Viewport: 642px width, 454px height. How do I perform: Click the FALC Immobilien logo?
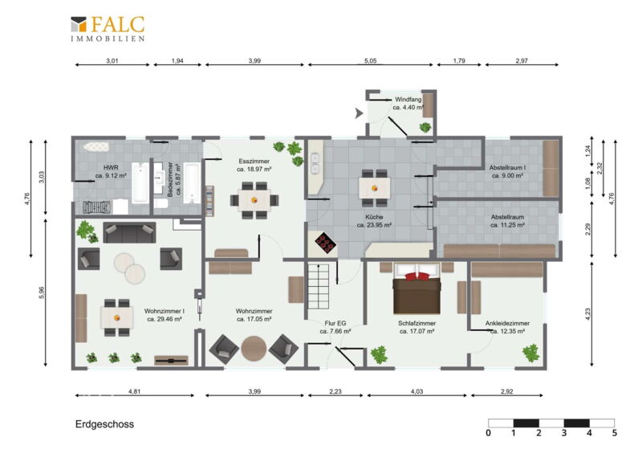tap(108, 29)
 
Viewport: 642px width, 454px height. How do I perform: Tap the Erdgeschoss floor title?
tap(104, 424)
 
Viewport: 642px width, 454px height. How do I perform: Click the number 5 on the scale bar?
tap(614, 432)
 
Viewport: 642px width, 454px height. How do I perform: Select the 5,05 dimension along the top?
tap(370, 61)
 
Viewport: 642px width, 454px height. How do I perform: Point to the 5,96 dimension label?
tap(41, 292)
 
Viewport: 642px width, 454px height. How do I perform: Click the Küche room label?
tap(374, 217)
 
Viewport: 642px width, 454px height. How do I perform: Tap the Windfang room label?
tap(408, 100)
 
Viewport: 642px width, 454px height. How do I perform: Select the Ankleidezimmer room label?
tap(507, 323)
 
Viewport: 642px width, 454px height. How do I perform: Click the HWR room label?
tap(111, 167)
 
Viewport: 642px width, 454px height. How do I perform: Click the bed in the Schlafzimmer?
tap(416, 288)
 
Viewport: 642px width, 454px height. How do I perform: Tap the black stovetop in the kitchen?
tap(326, 243)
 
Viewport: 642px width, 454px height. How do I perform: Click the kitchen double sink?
tap(315, 164)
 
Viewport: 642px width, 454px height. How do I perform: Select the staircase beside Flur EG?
tap(318, 286)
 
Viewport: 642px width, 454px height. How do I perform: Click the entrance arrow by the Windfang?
tap(359, 113)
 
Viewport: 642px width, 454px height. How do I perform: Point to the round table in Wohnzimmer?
tap(254, 349)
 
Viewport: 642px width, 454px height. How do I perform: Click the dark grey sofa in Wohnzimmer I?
tap(129, 232)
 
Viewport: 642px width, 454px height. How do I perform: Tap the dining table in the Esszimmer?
tap(254, 200)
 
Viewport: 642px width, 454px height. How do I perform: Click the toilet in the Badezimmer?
tap(161, 204)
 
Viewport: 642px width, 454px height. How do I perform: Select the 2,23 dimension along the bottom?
tap(335, 391)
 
